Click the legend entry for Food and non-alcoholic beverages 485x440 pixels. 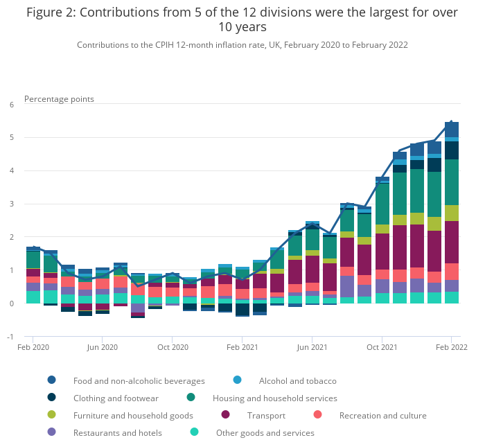coord(139,380)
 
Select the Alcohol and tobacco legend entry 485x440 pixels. coord(297,380)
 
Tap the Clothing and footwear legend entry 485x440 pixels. coord(116,398)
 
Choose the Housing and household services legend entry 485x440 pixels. coord(274,398)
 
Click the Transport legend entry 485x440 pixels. coord(266,416)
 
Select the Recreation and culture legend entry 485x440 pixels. coord(382,416)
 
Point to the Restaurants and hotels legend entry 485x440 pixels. coord(117,433)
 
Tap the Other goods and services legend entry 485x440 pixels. coord(265,433)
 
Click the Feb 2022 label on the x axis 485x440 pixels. coord(451,346)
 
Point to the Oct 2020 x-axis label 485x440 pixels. coord(173,346)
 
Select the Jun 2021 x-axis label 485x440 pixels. coord(312,346)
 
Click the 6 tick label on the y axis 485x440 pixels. coord(11,105)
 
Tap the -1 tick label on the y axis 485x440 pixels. coord(10,337)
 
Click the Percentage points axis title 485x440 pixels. coord(59,99)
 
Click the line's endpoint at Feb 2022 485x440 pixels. coord(451,122)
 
